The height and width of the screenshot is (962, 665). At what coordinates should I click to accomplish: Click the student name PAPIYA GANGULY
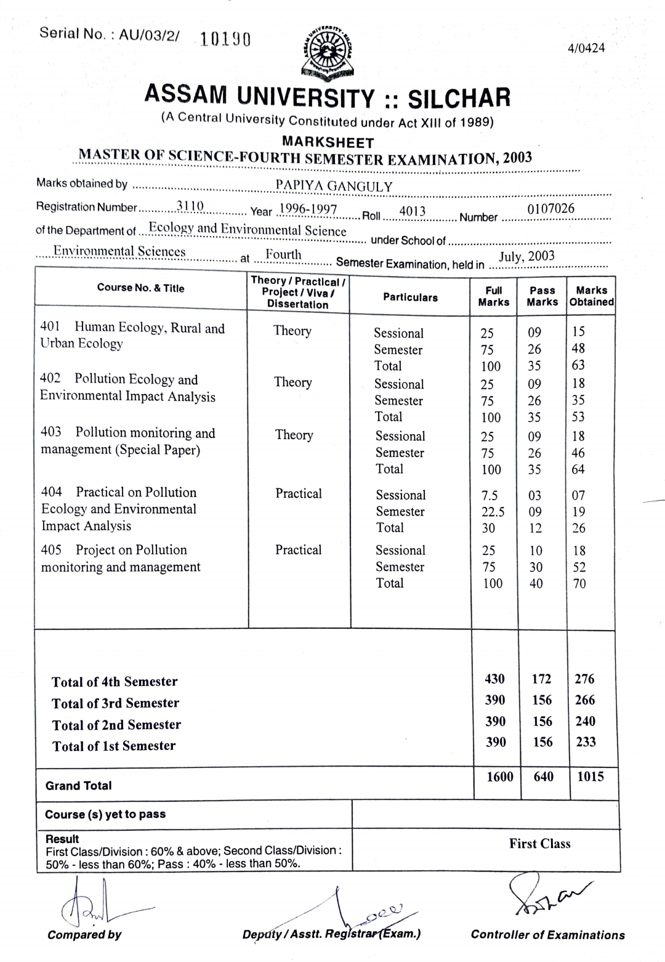click(x=334, y=186)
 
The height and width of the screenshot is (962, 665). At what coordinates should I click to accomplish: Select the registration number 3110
click(x=190, y=206)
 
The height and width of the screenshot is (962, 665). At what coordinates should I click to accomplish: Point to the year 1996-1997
click(x=308, y=209)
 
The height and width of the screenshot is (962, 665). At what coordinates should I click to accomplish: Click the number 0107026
click(x=550, y=209)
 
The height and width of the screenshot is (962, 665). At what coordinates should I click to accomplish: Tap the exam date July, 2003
click(x=526, y=256)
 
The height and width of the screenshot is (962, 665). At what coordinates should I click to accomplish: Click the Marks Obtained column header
click(x=591, y=296)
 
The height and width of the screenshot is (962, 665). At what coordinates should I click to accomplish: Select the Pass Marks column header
click(x=542, y=296)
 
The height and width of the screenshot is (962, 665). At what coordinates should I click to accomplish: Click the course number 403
click(x=51, y=432)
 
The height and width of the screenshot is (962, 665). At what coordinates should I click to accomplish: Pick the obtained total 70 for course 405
click(x=579, y=583)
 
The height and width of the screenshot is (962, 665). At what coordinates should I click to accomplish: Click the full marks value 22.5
click(x=493, y=512)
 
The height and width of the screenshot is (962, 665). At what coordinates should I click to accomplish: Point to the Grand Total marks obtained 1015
click(x=590, y=776)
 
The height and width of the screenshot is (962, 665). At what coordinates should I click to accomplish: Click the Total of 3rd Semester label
click(x=115, y=703)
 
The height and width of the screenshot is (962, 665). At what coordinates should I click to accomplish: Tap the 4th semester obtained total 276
click(x=584, y=679)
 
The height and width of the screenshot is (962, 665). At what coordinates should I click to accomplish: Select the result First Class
click(x=539, y=844)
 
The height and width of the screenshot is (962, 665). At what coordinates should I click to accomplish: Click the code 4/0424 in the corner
click(x=586, y=48)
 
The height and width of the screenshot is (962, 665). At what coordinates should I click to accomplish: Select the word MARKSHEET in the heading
click(x=328, y=142)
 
